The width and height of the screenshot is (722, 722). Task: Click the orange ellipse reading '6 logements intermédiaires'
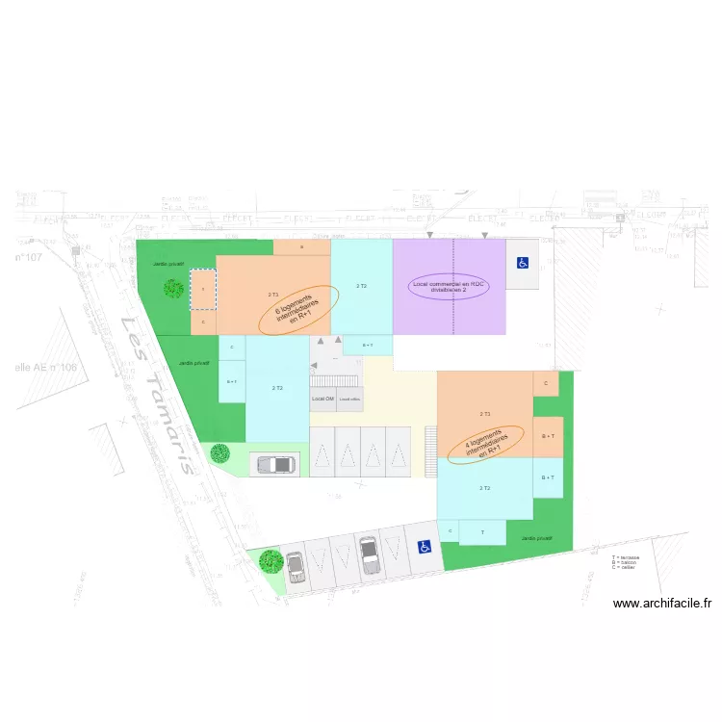point(298,309)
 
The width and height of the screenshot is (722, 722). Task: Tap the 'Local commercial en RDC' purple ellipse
point(450,288)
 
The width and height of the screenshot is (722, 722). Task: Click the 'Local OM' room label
point(322,399)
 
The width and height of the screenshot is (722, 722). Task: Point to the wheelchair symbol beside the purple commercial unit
point(523,263)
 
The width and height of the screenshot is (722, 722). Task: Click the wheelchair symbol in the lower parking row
point(424,547)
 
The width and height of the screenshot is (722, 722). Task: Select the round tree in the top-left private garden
point(172,288)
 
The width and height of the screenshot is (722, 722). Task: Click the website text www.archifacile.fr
point(661,605)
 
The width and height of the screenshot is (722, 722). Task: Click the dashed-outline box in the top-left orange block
point(203,289)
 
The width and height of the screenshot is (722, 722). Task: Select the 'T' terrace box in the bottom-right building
point(482,532)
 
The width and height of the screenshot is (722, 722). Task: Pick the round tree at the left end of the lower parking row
point(270,559)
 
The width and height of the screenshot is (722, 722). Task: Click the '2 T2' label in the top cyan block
point(362,286)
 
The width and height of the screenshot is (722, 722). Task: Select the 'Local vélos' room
point(349,399)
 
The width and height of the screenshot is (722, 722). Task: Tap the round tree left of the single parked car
point(219,451)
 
